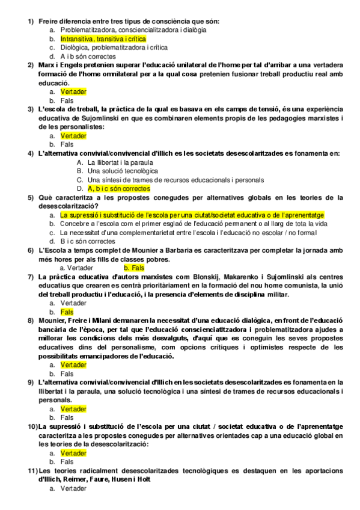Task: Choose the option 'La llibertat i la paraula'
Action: point(120,162)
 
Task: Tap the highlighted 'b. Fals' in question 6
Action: point(133,268)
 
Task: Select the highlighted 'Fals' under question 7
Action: point(67,312)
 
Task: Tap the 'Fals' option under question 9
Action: point(67,417)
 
